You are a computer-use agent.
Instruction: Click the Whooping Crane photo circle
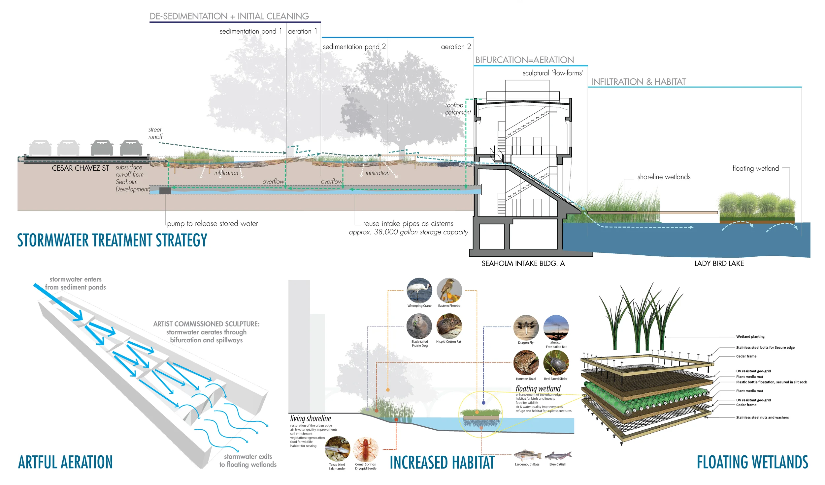click(419, 290)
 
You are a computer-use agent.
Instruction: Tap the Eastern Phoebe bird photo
click(449, 290)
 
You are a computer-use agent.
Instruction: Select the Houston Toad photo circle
click(526, 363)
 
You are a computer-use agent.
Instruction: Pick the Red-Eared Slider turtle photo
click(556, 363)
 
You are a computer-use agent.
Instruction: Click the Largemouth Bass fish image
click(527, 456)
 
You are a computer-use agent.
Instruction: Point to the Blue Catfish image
click(558, 456)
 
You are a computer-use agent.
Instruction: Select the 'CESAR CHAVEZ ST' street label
click(80, 168)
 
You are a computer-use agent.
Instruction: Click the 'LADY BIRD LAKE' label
click(719, 264)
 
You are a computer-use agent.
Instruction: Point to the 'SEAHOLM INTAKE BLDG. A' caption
click(523, 264)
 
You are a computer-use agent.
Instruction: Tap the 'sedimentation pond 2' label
click(354, 47)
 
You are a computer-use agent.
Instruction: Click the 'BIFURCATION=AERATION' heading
click(524, 60)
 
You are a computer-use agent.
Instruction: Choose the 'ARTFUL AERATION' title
click(65, 462)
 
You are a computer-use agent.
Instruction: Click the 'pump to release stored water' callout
click(213, 224)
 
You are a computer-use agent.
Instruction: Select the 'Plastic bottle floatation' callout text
click(771, 382)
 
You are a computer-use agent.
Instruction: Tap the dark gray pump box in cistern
click(165, 190)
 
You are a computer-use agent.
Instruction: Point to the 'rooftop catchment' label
click(457, 109)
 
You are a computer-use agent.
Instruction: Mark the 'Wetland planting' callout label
click(750, 337)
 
